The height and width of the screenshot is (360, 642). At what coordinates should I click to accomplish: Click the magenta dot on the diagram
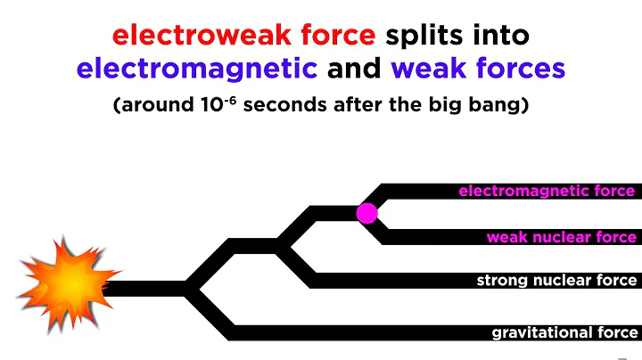pos(367,213)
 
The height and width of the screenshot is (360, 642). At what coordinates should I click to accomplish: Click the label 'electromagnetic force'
pos(547,191)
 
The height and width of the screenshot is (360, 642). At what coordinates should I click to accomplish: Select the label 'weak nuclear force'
pos(561,237)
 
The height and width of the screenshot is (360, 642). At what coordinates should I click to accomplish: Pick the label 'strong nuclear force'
pos(556,281)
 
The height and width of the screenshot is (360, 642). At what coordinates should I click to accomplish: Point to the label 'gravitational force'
pos(564,333)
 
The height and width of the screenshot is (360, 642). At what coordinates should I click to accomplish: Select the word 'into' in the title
pos(499,36)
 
